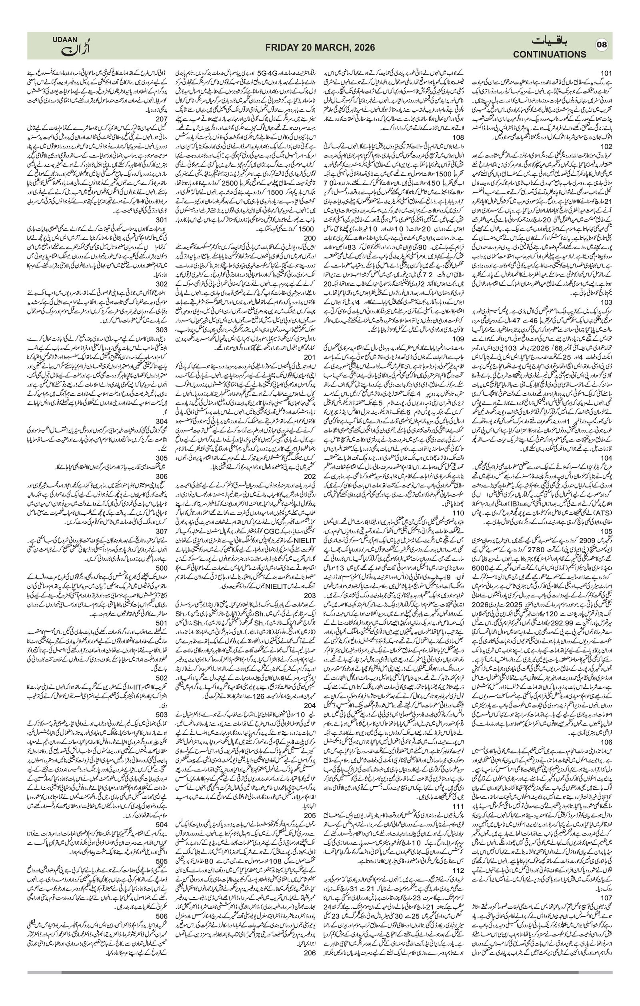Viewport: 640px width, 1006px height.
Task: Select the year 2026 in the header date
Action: (x=363, y=48)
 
